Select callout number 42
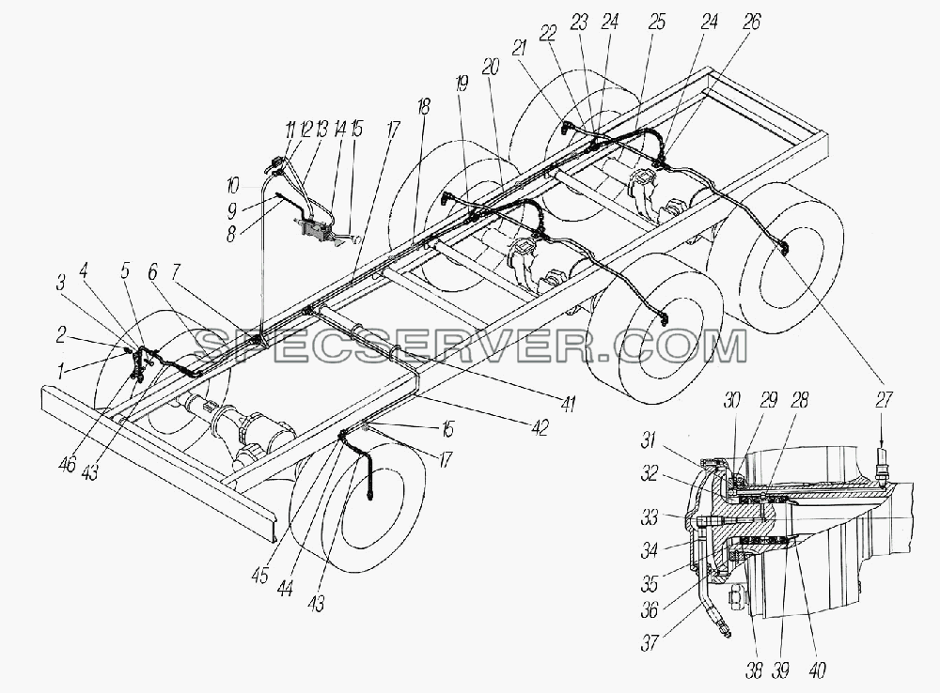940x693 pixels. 540,426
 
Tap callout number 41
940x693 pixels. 567,404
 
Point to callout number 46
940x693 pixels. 68,463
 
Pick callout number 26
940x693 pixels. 750,23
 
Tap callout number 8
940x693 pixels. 231,234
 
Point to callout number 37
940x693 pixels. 650,642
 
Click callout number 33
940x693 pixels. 650,516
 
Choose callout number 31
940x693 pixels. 650,440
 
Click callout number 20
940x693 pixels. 490,67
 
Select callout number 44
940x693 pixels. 286,589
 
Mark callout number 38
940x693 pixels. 754,670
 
